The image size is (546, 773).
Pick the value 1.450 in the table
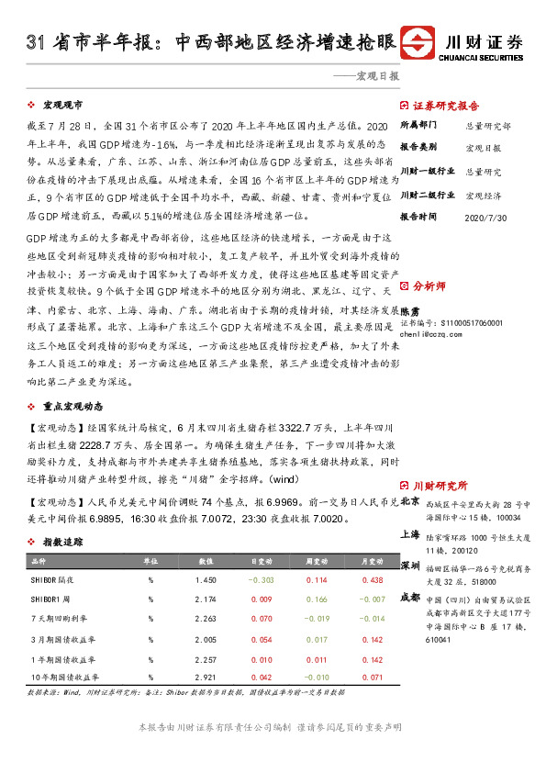pos(206,579)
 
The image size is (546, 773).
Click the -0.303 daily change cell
pos(262,579)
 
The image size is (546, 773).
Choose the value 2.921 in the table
pos(206,677)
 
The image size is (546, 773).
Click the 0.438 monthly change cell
pos(372,579)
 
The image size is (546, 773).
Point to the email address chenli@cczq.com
pos(438,334)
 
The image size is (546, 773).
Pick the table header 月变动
pos(372,559)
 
